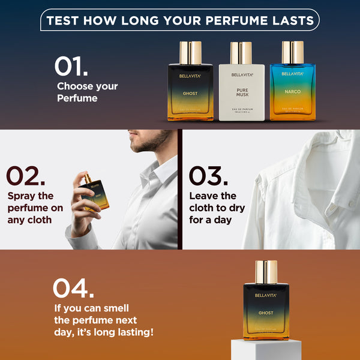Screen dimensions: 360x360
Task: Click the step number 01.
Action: (71, 67)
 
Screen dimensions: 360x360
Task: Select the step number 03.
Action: (208, 176)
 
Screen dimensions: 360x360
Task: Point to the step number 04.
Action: (73, 288)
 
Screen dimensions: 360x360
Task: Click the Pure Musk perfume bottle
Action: (241, 90)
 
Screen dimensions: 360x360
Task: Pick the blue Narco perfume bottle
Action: (292, 90)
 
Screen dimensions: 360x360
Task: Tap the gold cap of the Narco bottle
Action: (292, 52)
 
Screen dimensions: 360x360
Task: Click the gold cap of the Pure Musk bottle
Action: (241, 53)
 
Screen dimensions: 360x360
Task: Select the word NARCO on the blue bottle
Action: (292, 92)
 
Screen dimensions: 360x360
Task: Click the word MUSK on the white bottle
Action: (241, 94)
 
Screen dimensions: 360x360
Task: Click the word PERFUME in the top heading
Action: (233, 20)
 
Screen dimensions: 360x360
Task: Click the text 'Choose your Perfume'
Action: (87, 92)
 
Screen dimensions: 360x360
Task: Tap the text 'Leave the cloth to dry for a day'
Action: (217, 208)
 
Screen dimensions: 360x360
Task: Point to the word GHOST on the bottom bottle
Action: (266, 313)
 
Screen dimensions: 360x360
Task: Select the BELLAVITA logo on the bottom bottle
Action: (266, 295)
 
